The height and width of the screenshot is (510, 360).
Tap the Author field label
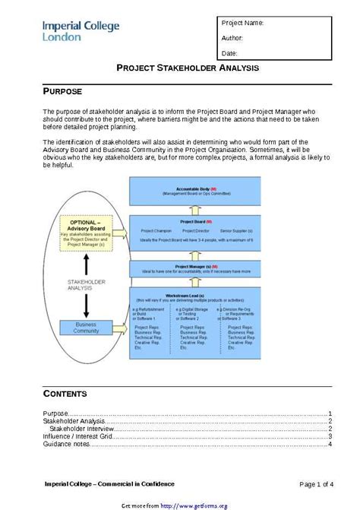point(232,37)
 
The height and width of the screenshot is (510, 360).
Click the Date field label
point(230,53)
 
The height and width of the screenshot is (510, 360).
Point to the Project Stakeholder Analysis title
point(187,68)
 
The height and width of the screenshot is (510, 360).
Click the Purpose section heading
point(62,91)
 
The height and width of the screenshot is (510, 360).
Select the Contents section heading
point(65,394)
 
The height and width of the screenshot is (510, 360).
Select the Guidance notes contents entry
point(66,444)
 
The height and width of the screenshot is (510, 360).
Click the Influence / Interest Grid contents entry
point(78,436)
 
